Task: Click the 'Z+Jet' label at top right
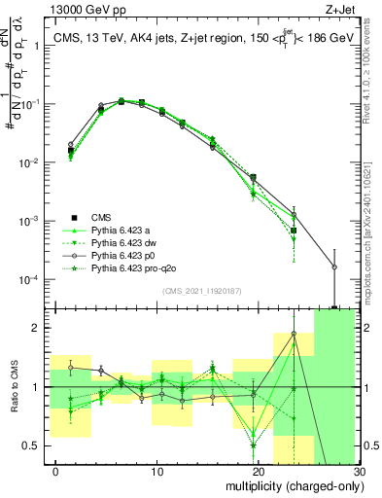(342, 10)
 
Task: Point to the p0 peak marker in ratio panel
(294, 335)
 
